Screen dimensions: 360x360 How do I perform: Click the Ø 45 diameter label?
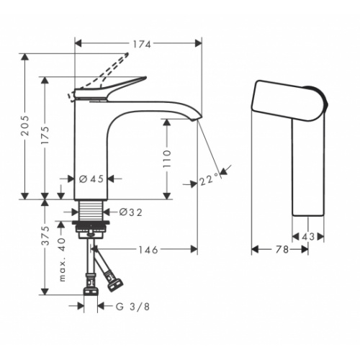pos(90,178)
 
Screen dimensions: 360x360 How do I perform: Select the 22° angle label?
pos(209,180)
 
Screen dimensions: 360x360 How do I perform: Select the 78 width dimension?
pos(281,249)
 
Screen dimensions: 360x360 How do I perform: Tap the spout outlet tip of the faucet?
pos(197,117)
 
